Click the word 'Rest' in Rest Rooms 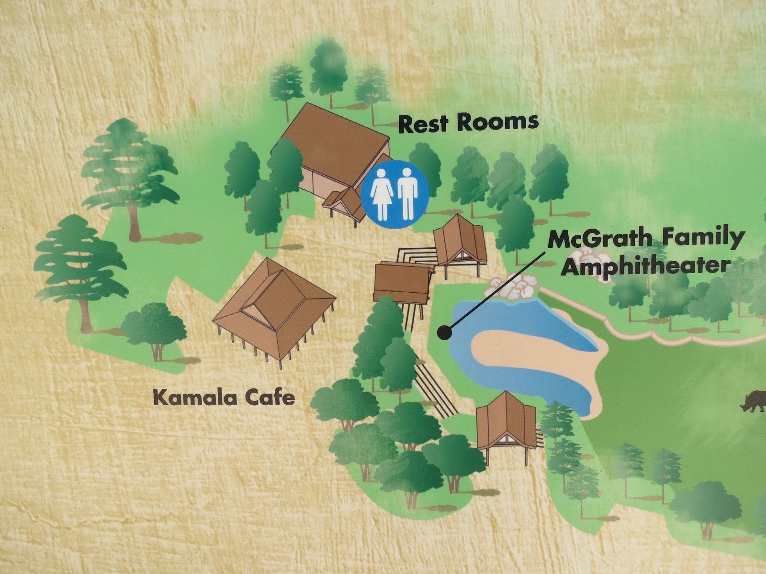tap(423, 123)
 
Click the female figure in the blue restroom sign tap(382, 195)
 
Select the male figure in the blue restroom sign tap(407, 194)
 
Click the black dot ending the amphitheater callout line tap(444, 332)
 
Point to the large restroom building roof tap(335, 139)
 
